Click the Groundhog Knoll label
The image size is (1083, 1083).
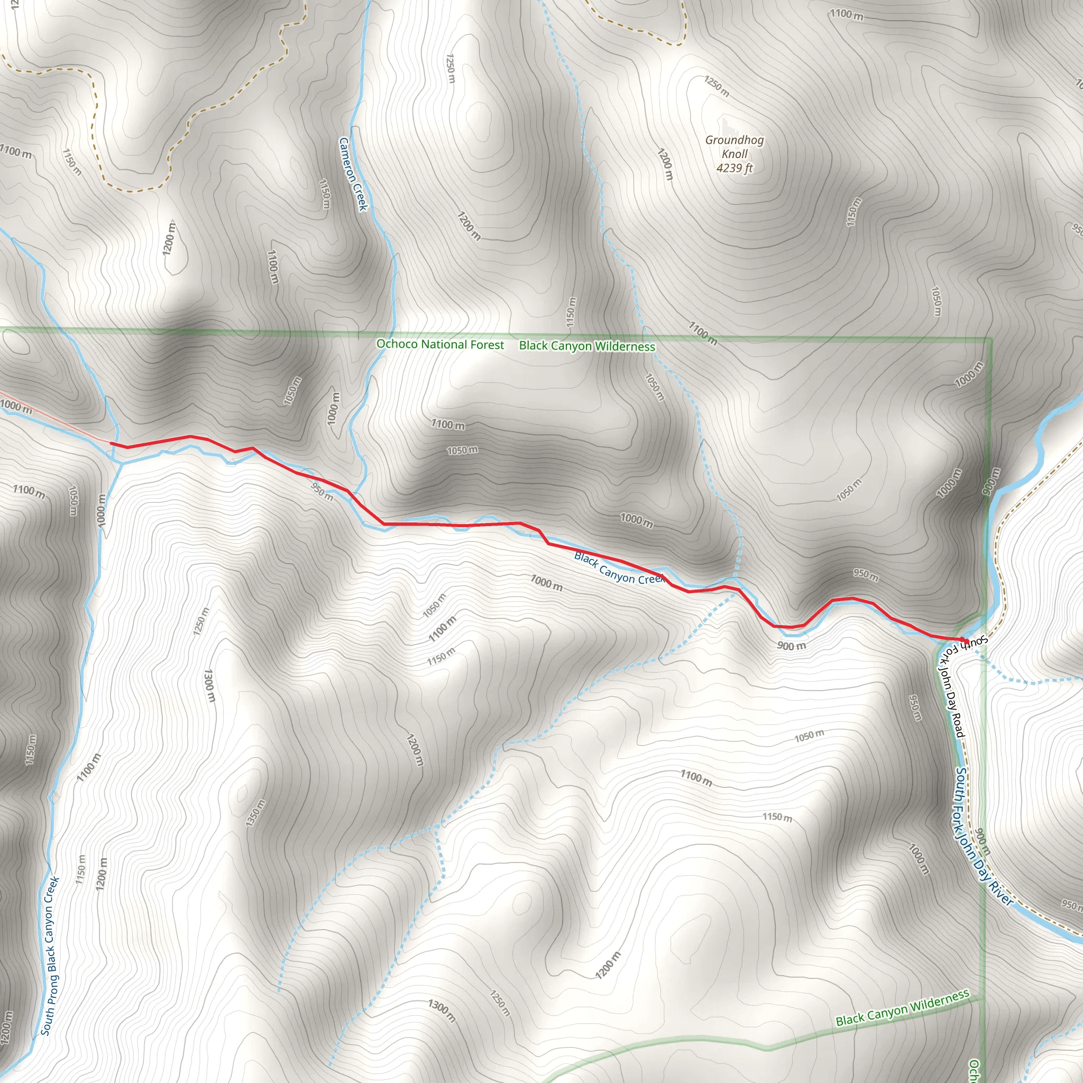point(735,147)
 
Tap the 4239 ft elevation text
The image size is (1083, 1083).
point(735,168)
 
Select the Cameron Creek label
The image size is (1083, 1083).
point(353,175)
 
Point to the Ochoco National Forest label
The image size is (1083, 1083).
point(440,344)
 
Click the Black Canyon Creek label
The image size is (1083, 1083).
point(619,568)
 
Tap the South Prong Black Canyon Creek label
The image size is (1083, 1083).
point(50,956)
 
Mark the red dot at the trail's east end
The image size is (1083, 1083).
point(965,641)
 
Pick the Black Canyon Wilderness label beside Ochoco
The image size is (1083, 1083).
point(587,346)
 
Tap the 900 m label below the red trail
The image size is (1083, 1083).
point(792,646)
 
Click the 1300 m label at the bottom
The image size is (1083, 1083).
point(442,1010)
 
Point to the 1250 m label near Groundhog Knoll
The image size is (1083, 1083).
point(717,86)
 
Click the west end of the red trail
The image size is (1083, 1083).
point(112,443)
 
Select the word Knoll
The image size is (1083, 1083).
point(735,153)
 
